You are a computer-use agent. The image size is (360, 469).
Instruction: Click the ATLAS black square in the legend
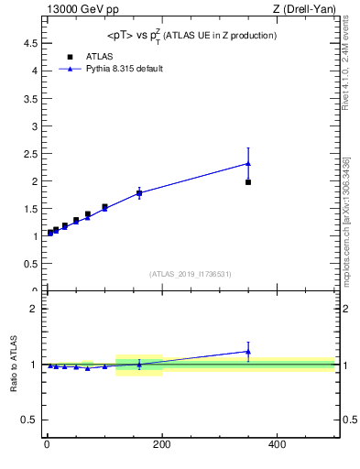pos(58,56)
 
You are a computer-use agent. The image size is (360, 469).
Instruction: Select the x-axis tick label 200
pos(161,445)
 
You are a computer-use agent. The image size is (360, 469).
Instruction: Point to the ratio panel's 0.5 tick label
pos(30,420)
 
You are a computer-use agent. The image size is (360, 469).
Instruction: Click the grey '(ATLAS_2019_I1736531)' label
pos(190,273)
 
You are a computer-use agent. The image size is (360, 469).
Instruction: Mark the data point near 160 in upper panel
pos(139,193)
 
